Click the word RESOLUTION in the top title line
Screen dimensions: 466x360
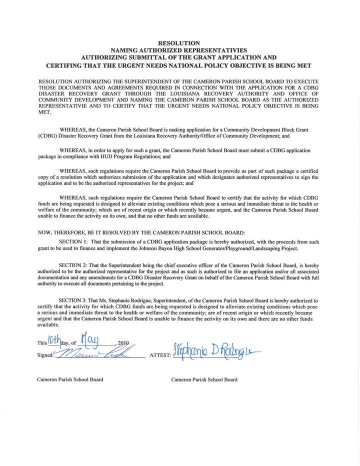click(179, 43)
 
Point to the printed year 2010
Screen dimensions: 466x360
click(123, 343)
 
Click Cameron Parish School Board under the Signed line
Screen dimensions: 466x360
click(70, 379)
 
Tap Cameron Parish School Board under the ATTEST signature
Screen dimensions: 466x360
click(204, 379)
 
